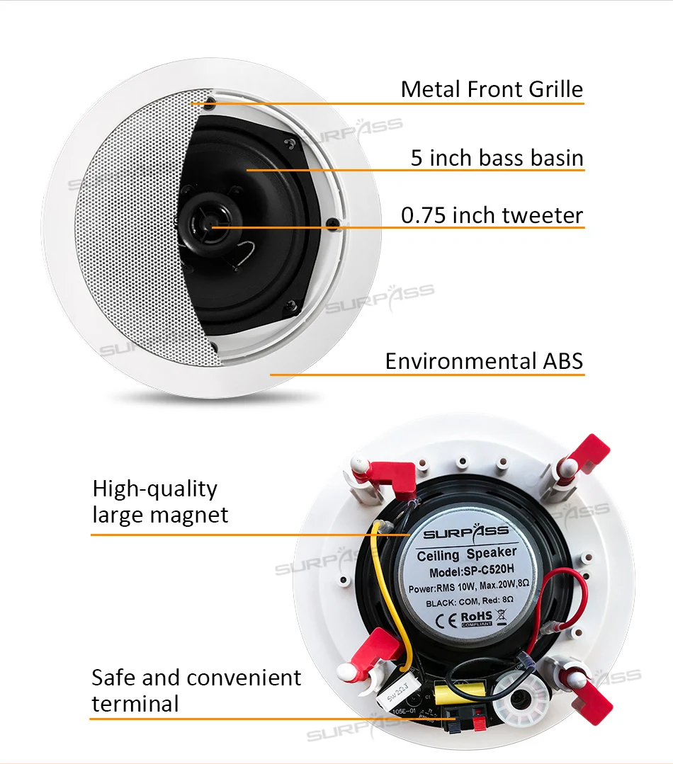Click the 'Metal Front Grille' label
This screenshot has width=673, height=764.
491,89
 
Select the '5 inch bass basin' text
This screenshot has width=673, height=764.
497,157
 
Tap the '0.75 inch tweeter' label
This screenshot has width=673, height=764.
492,215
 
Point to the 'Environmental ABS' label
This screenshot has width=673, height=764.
484,360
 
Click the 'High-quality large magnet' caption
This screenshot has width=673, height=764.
160,501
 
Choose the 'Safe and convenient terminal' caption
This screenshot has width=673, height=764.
196,690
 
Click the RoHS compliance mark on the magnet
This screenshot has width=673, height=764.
477,618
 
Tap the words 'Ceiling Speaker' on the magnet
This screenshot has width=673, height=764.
467,554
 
